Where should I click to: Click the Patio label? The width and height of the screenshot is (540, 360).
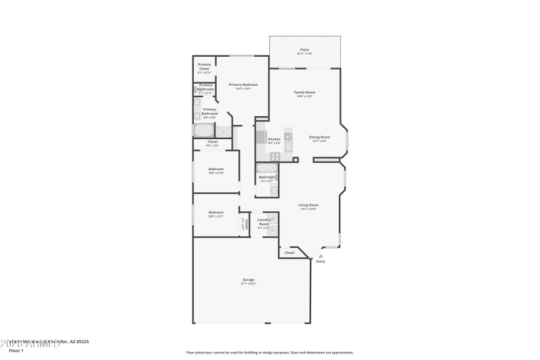pos(305,50)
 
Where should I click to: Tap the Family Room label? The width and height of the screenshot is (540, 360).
pos(305,93)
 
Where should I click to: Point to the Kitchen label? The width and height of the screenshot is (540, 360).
pos(274,139)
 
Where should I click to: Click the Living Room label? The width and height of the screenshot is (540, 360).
pos(308,205)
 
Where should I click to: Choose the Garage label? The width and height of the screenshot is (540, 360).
pos(248,280)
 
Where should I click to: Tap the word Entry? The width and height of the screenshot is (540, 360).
pos(321,261)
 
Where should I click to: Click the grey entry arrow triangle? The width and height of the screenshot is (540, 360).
pos(321,255)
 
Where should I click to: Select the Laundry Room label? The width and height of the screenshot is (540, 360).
pos(264,222)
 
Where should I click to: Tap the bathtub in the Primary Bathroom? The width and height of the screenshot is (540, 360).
pos(204,130)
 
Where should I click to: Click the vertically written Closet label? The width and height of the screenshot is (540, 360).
pos(247,224)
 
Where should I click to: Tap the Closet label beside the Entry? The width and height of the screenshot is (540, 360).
pos(290,253)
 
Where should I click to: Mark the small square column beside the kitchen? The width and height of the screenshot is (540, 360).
pos(296,159)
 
